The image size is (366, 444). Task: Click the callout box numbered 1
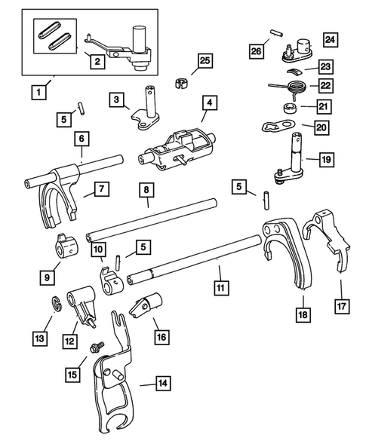tap(36, 94)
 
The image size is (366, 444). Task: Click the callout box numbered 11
tap(220, 287)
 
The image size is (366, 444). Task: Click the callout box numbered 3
tap(116, 99)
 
